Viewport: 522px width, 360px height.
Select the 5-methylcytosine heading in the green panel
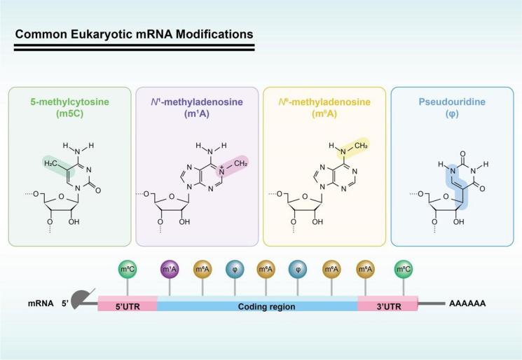(69, 102)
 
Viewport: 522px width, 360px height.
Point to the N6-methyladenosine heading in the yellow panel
(324, 102)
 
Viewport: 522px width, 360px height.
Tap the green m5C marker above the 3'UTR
(403, 270)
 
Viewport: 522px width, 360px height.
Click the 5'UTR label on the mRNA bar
(128, 306)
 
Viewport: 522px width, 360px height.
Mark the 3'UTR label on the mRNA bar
(387, 306)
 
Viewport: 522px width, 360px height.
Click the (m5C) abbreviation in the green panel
(69, 113)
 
